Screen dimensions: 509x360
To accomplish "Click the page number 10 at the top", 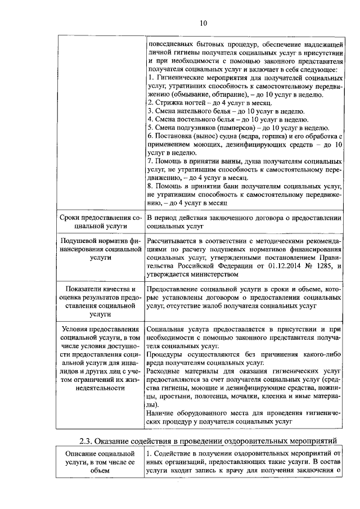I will [203, 23].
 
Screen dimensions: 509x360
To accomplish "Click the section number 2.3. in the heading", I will [88, 439].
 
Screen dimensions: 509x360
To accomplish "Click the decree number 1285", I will [325, 265].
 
